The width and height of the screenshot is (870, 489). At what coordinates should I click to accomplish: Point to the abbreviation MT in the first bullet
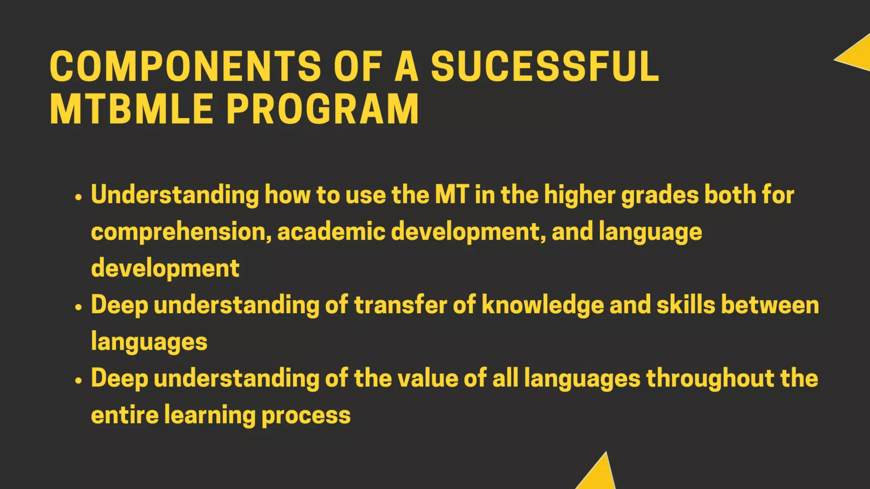coord(452,194)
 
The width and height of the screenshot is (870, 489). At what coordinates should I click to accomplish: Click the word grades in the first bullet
coord(660,195)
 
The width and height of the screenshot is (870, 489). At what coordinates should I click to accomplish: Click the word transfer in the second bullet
coord(400,305)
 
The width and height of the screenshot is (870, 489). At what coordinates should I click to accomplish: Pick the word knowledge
coord(542,306)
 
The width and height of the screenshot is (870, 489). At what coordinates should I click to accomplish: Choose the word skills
coord(686,305)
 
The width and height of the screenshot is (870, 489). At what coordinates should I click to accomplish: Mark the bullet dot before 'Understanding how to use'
coord(78,197)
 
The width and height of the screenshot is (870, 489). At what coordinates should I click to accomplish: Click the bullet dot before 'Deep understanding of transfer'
coord(78,307)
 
